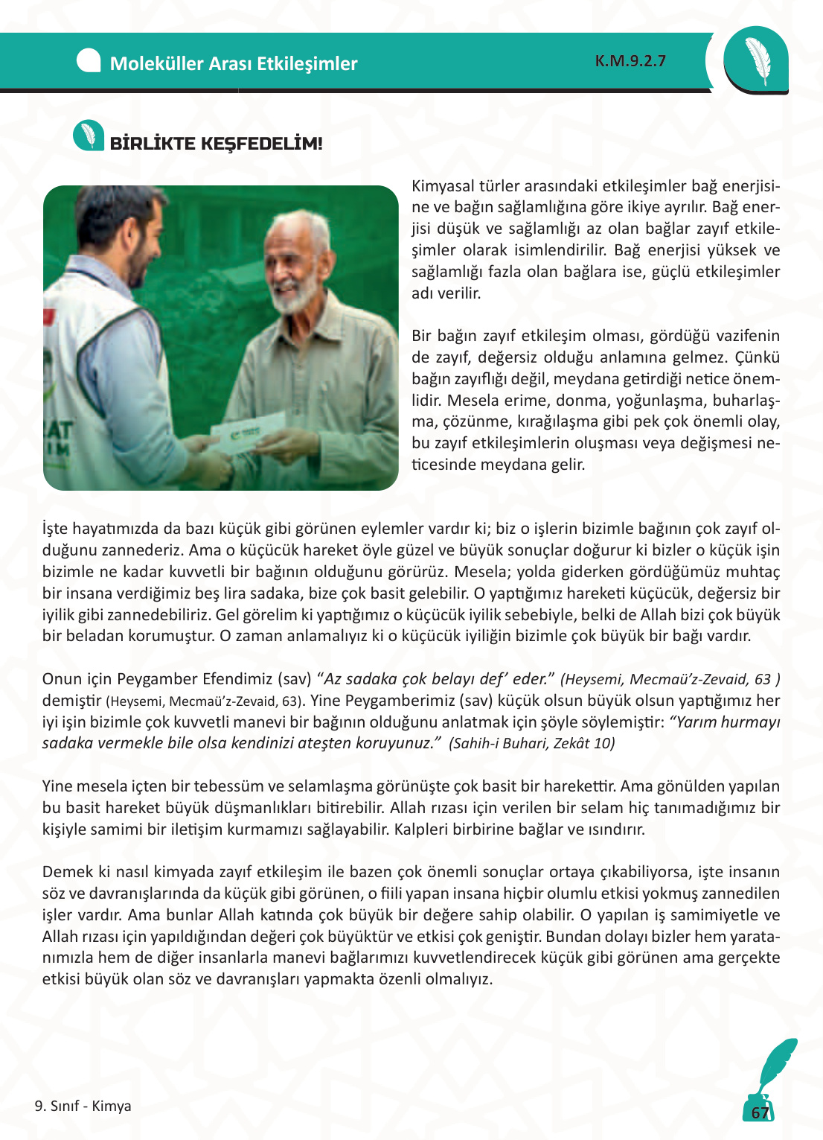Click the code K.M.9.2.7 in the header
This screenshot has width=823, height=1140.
tap(630, 61)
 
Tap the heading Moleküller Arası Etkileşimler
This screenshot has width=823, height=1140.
tap(234, 63)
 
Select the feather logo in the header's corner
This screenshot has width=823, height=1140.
tap(756, 60)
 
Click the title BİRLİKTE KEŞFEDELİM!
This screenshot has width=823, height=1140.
tap(217, 144)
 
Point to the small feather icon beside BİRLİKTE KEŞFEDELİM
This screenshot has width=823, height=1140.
tap(89, 136)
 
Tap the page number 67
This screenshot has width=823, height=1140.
tap(760, 1112)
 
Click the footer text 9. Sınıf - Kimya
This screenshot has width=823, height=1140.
tap(83, 1106)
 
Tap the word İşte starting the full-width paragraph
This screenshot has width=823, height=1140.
tap(55, 529)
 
